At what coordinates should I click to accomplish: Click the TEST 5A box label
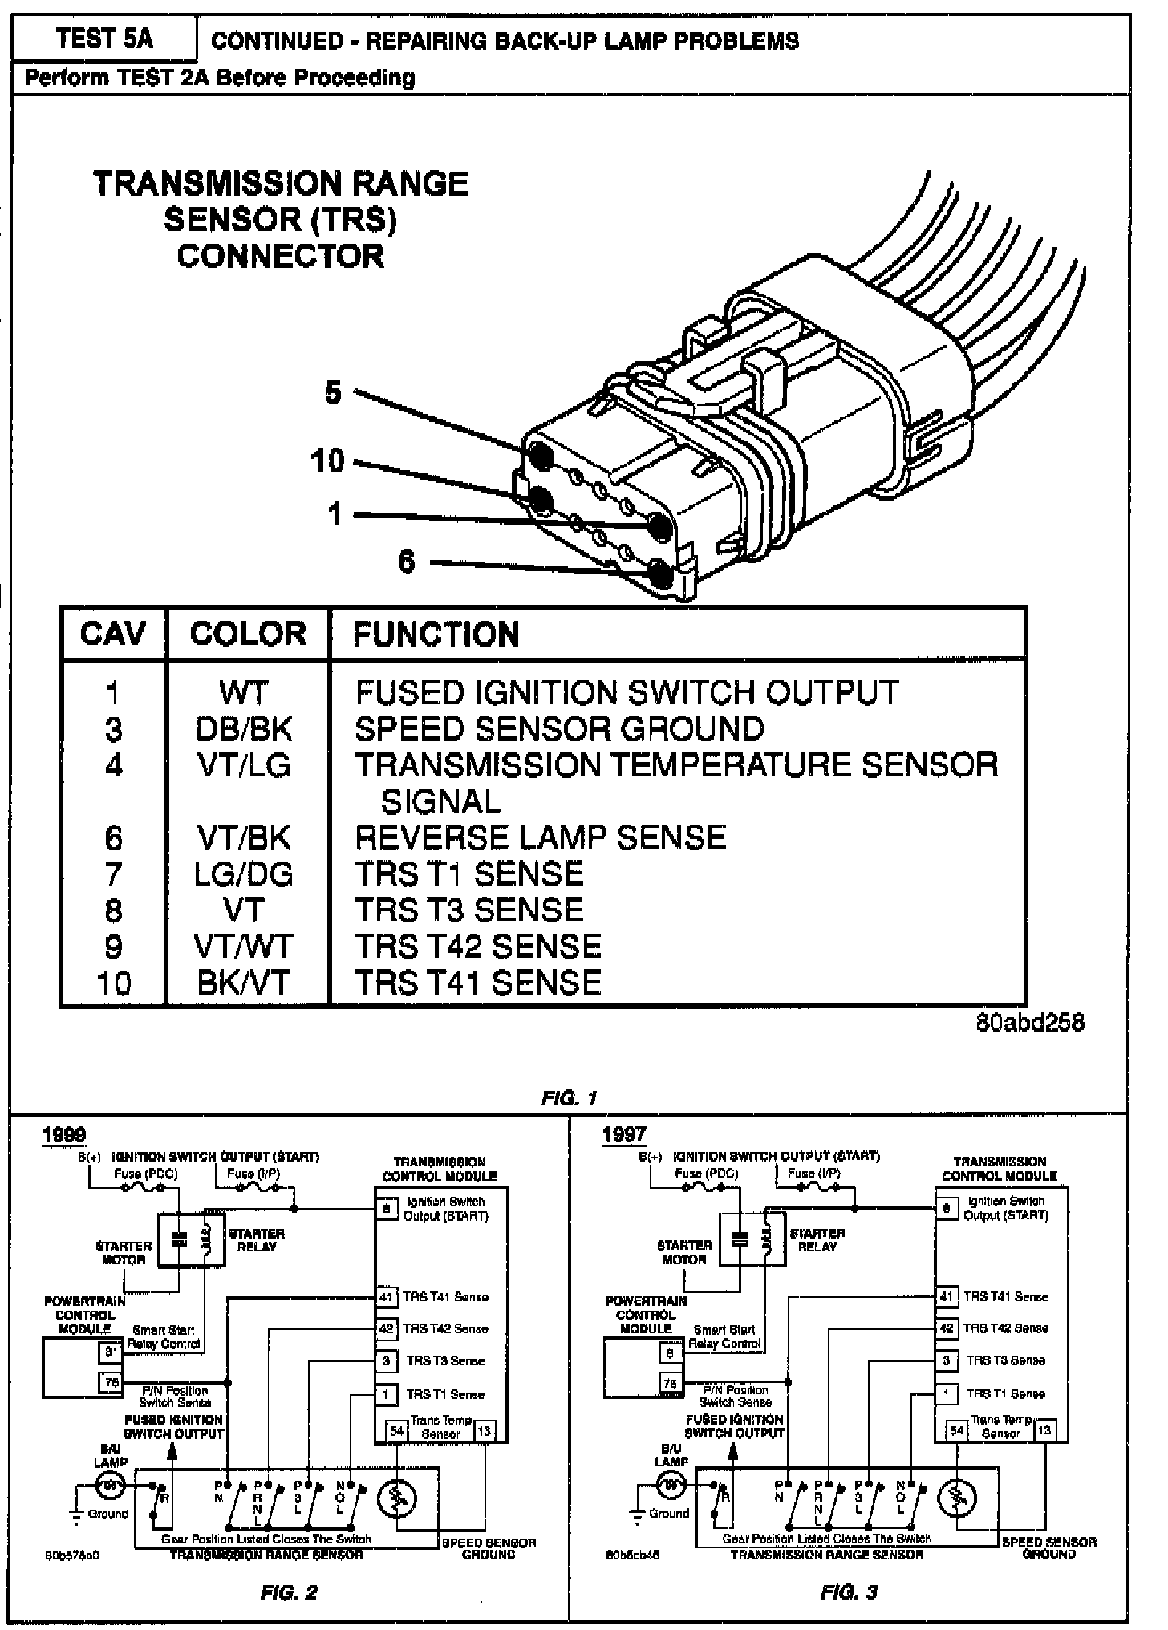104,39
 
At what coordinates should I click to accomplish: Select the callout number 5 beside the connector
333,393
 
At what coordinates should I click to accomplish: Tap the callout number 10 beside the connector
327,460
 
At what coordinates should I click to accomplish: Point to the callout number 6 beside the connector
407,562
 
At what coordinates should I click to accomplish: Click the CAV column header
113,634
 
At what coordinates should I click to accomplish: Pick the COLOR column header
248,634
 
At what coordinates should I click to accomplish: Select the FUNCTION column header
436,635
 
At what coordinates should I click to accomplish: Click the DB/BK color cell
244,728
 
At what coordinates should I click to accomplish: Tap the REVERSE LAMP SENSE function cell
540,837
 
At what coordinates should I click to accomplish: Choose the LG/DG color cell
244,874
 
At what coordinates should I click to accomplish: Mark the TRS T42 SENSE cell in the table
477,947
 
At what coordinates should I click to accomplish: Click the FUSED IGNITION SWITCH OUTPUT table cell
627,692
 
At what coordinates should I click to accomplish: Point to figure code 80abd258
1030,1022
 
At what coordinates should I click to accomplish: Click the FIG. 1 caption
569,1098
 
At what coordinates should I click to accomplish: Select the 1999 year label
64,1134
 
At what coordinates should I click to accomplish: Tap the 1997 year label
624,1134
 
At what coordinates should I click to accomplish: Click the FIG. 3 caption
849,1592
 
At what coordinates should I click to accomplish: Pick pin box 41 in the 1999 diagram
386,1297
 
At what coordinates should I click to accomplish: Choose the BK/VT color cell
244,983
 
